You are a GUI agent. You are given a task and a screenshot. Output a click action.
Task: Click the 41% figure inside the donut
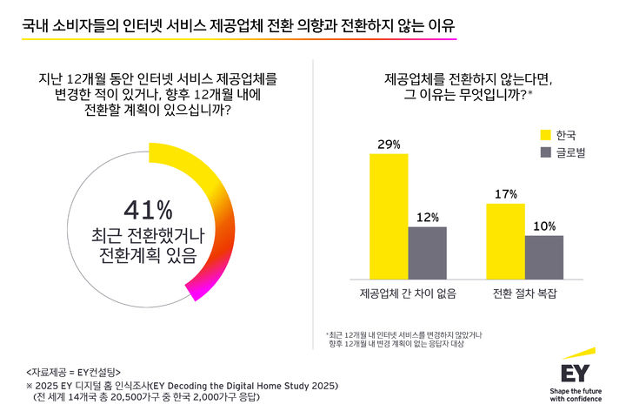tap(148, 210)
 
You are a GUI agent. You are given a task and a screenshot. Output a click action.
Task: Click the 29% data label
tap(390, 144)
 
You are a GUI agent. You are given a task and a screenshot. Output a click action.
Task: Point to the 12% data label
tap(427, 216)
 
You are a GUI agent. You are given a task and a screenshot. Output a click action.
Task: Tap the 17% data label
tap(505, 193)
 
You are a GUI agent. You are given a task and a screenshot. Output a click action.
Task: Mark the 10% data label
tap(543, 226)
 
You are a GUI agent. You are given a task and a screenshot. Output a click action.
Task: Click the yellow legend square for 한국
tap(546, 135)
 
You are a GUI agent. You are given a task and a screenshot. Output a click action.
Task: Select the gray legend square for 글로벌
tap(546, 153)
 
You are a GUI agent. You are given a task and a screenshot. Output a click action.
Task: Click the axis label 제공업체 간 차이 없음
tap(408, 293)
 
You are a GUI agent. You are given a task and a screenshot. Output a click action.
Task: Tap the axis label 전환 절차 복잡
tap(524, 293)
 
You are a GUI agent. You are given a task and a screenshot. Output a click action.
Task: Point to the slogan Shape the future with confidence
tap(580, 395)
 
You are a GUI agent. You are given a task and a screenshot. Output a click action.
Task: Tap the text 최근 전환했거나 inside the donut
tap(148, 235)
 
